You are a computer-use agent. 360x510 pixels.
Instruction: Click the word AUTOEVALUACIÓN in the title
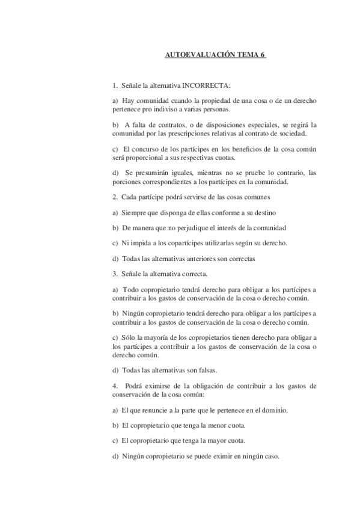(194, 55)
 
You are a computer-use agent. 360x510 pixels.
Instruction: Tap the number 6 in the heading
(263, 55)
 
